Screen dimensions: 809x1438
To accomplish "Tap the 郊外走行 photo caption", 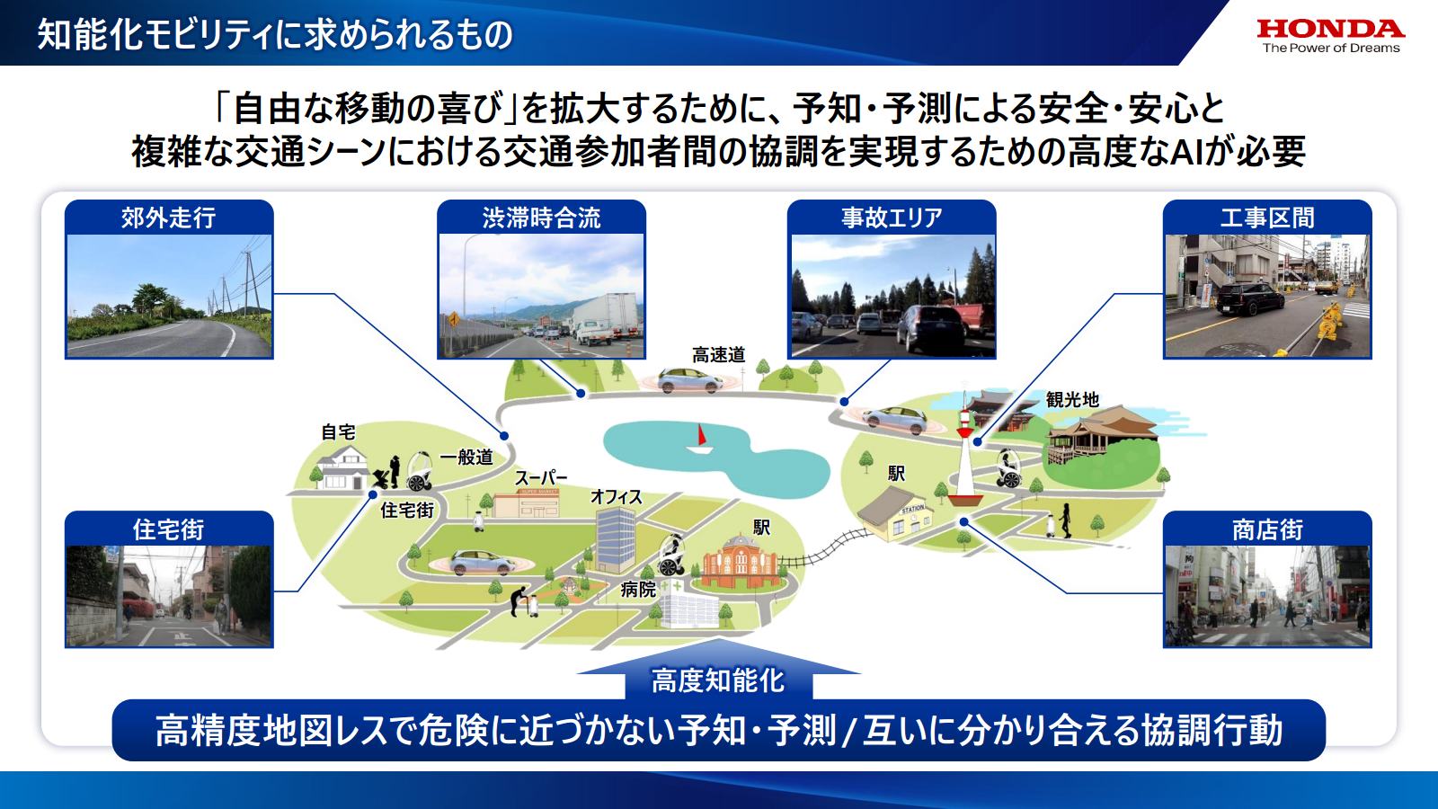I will coord(169,218).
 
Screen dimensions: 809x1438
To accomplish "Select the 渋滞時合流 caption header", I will coord(541,218).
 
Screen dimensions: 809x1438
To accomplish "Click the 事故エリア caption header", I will coord(892,218).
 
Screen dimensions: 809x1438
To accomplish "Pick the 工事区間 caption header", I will coord(1267,218).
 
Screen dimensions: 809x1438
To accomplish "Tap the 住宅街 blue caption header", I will coord(169,529).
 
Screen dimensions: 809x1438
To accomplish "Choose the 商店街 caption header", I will coord(1267,529).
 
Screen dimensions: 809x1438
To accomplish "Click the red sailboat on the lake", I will coord(700,439).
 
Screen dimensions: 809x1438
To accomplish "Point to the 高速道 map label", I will coord(718,355).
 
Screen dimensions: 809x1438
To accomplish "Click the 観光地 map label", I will coord(1072,399).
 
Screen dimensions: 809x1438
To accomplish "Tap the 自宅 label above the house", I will coord(338,432).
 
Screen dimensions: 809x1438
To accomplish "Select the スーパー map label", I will coord(540,479).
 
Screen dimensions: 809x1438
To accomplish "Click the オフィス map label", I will coord(616,497).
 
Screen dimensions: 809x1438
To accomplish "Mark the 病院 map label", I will coord(638,590).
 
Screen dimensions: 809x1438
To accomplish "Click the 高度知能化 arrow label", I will coord(717,680).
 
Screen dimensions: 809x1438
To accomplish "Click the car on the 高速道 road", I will coord(689,380).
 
